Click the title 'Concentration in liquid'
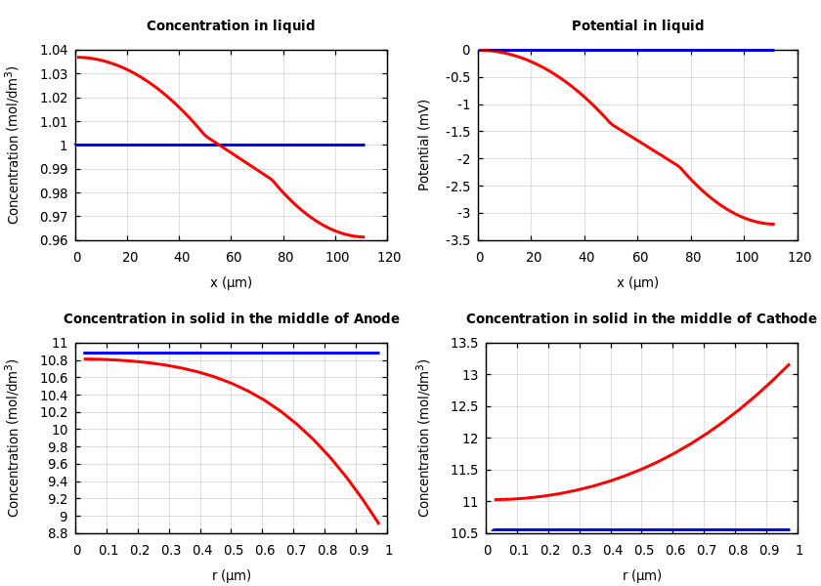pyautogui.click(x=231, y=26)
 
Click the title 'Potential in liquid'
pyautogui.click(x=637, y=26)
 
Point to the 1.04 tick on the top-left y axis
pyautogui.click(x=53, y=50)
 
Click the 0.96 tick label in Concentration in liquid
pyautogui.click(x=53, y=240)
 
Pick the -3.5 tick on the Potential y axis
pyautogui.click(x=457, y=240)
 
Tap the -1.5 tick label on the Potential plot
pyautogui.click(x=457, y=132)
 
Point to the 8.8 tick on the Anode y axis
pyautogui.click(x=58, y=533)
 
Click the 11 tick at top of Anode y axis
pyautogui.click(x=62, y=343)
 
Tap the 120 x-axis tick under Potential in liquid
pyautogui.click(x=799, y=257)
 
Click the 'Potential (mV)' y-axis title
pyautogui.click(x=424, y=145)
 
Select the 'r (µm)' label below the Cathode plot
pyautogui.click(x=641, y=575)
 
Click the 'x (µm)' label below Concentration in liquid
pyautogui.click(x=231, y=282)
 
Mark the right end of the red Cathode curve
pyautogui.click(x=789, y=364)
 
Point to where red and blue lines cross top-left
pyautogui.click(x=217, y=145)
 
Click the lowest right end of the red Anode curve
pyautogui.click(x=378, y=523)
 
